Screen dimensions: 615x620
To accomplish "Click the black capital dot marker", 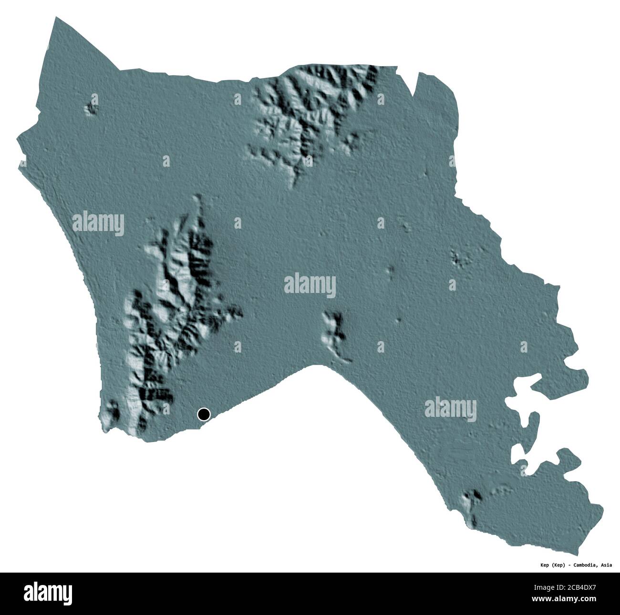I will (204, 414).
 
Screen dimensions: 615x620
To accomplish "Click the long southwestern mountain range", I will (172, 310).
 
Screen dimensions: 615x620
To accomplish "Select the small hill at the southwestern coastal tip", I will (113, 413).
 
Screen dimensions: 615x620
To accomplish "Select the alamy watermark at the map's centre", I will (310, 286).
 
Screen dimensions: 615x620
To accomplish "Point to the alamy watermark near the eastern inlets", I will (450, 409).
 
